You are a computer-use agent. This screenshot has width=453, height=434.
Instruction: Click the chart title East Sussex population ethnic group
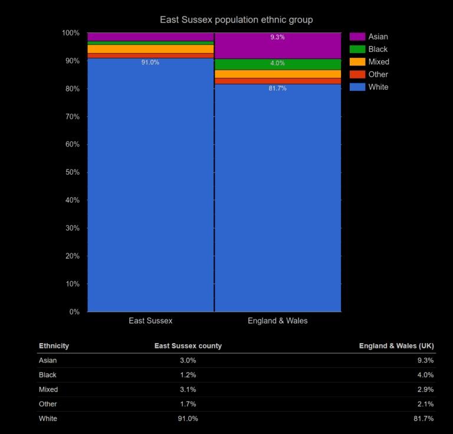[236, 19]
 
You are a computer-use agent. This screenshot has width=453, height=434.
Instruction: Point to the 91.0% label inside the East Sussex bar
[150, 62]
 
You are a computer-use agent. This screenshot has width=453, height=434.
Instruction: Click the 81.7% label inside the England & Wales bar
[277, 89]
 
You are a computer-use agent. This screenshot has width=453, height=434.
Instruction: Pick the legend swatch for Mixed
[357, 62]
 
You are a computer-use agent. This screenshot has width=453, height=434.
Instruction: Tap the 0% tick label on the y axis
[74, 312]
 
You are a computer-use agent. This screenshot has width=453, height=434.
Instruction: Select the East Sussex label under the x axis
[150, 321]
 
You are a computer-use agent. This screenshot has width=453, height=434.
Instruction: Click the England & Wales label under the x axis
[277, 321]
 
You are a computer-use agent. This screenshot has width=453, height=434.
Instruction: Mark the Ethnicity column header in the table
[54, 346]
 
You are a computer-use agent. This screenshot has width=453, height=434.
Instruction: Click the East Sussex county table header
[188, 346]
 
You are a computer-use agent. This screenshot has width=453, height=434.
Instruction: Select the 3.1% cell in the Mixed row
[188, 390]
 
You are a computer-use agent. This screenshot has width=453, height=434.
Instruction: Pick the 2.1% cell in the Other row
[425, 404]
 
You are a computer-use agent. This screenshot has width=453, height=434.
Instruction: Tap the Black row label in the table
[48, 375]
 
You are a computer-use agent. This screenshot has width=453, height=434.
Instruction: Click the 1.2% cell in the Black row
[188, 375]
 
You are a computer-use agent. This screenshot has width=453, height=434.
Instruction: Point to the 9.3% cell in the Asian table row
[425, 360]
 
